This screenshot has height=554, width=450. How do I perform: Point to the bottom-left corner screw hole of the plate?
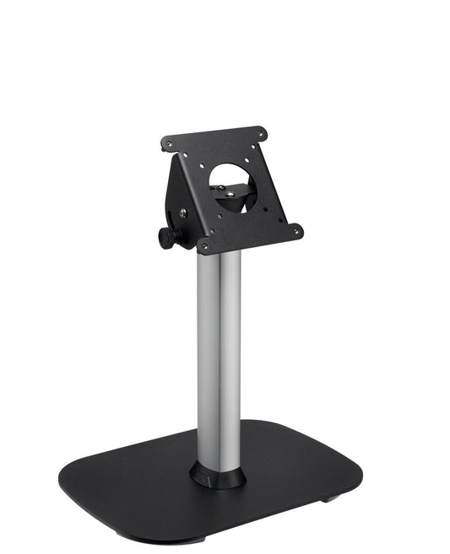pos(203,247)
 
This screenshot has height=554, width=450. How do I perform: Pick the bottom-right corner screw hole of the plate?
pos(295,230)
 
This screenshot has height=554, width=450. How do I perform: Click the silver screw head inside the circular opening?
pos(230,193)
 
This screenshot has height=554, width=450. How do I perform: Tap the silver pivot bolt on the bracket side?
pos(182,213)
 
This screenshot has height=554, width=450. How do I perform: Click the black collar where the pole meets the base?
pos(218,476)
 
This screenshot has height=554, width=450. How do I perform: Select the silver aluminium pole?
pos(219,354)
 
